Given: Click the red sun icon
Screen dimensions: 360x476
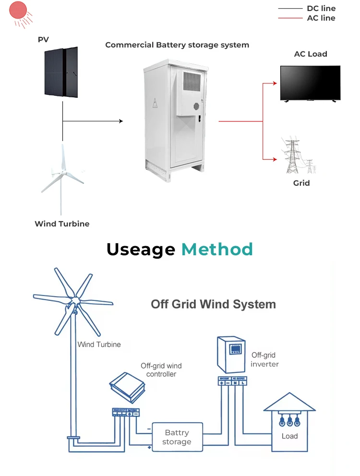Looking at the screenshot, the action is (18, 10).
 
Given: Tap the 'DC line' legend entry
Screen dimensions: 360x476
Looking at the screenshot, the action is (321, 9).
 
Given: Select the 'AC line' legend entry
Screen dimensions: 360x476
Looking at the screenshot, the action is (321, 18).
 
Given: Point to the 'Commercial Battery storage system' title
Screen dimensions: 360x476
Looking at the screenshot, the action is (177, 45).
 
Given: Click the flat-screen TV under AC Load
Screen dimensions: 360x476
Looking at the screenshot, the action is (310, 83).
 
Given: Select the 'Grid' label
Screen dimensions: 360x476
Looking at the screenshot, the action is (301, 183).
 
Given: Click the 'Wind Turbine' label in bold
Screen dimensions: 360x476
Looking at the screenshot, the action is (62, 224).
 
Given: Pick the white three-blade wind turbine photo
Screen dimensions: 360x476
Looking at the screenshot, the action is (61, 178).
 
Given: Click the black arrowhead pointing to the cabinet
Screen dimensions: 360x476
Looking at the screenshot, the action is (120, 121).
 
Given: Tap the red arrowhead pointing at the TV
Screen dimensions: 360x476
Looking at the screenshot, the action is (275, 83).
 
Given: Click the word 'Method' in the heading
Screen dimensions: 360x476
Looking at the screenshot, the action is (217, 250).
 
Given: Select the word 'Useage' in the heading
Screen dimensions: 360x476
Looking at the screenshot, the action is (141, 250).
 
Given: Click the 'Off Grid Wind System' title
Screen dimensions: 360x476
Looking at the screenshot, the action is (214, 304).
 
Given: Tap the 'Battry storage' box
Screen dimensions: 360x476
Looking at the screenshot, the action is (177, 437).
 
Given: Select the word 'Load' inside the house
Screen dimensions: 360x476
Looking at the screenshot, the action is (289, 436).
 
